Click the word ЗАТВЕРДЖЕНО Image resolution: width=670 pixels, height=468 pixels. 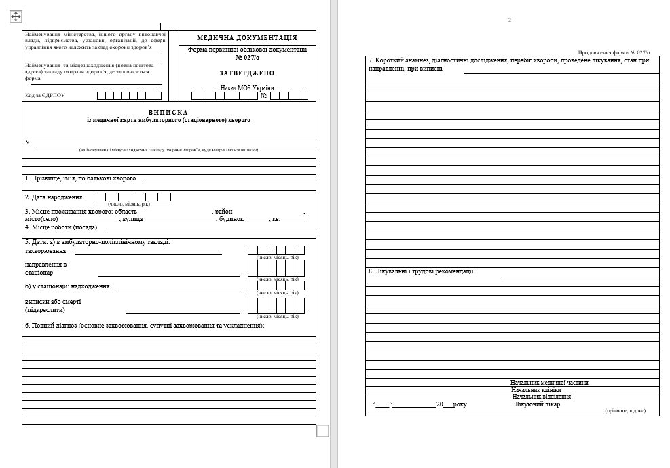click(x=247, y=73)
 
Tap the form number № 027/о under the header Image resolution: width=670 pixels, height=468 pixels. click(x=247, y=57)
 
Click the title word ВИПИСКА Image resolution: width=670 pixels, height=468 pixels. click(x=168, y=112)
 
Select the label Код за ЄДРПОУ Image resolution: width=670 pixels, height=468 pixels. click(x=45, y=96)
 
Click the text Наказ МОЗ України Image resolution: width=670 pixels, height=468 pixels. click(x=247, y=88)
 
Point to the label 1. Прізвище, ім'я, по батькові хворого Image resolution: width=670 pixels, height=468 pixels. click(x=81, y=178)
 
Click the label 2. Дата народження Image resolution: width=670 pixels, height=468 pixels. click(x=54, y=197)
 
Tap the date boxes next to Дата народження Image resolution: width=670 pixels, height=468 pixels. click(x=132, y=197)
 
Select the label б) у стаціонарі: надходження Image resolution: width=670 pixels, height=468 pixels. click(x=67, y=286)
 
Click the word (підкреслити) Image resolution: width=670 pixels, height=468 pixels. click(x=45, y=310)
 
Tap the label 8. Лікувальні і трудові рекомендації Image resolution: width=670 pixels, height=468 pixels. click(x=421, y=271)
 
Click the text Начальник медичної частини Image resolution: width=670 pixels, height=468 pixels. click(x=549, y=383)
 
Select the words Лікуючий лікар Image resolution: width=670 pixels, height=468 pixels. click(x=538, y=405)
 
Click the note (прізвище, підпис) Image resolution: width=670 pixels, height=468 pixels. click(x=625, y=411)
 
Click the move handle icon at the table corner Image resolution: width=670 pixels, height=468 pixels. click(x=16, y=16)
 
